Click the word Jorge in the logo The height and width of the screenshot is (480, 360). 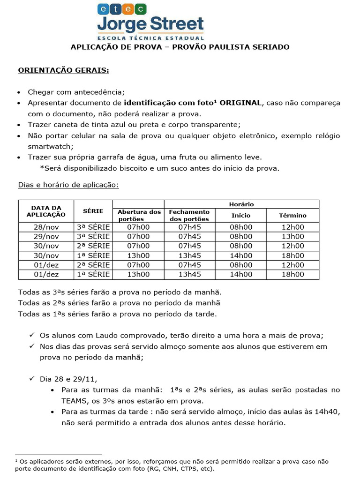pos(121,24)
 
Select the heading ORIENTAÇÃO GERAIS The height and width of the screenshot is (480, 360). pos(63,70)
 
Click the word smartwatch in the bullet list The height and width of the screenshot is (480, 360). pos(48,146)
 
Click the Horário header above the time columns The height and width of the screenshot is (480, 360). pos(241,204)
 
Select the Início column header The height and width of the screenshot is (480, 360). pos(241,215)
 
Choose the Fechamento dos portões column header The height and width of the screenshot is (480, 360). pos(189,215)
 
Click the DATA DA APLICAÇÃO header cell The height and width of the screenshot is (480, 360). pos(46,210)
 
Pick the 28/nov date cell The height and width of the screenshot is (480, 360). pos(46,227)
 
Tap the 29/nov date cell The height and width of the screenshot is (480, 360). pos(46,236)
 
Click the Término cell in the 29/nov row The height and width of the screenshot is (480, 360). pos(292,236)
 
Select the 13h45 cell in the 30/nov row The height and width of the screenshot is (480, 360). pos(189,255)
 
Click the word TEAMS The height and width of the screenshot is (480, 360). pos(74,401)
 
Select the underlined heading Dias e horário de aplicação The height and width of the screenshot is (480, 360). pos(68,185)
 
